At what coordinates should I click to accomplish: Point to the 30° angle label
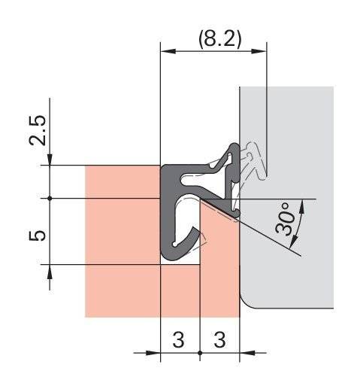pos(288,219)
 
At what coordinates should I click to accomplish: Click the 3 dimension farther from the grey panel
pos(180,339)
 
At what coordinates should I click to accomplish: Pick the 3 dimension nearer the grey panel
pos(219,339)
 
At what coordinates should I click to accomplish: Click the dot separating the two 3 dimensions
pos(200,351)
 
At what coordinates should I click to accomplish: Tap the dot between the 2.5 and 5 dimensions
pos(49,199)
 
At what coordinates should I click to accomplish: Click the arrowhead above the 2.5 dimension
pos(49,159)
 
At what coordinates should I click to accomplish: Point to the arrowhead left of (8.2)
pos(168,51)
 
